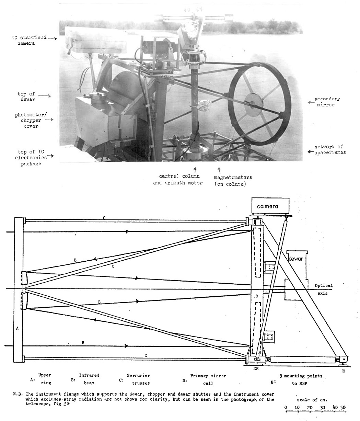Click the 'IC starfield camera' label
coord(23,41)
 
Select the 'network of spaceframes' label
coord(330,150)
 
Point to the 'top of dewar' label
coord(27,96)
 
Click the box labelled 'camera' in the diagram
coord(269,206)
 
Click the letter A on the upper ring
coord(17,328)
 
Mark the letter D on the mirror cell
coord(256,296)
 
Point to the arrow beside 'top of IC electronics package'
coord(50,156)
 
